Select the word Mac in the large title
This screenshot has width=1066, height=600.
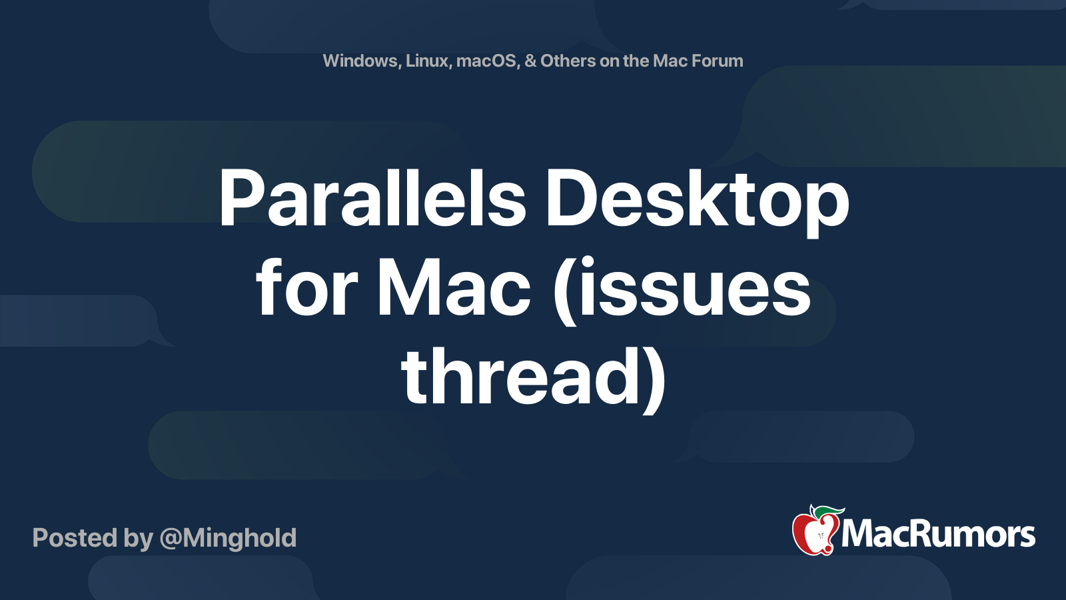point(454,287)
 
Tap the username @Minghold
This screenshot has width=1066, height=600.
point(228,538)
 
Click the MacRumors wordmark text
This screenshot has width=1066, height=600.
point(938,534)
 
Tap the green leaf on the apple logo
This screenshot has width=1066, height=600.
point(828,512)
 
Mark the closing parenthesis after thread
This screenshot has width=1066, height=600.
point(656,379)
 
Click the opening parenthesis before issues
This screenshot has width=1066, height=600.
point(564,291)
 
